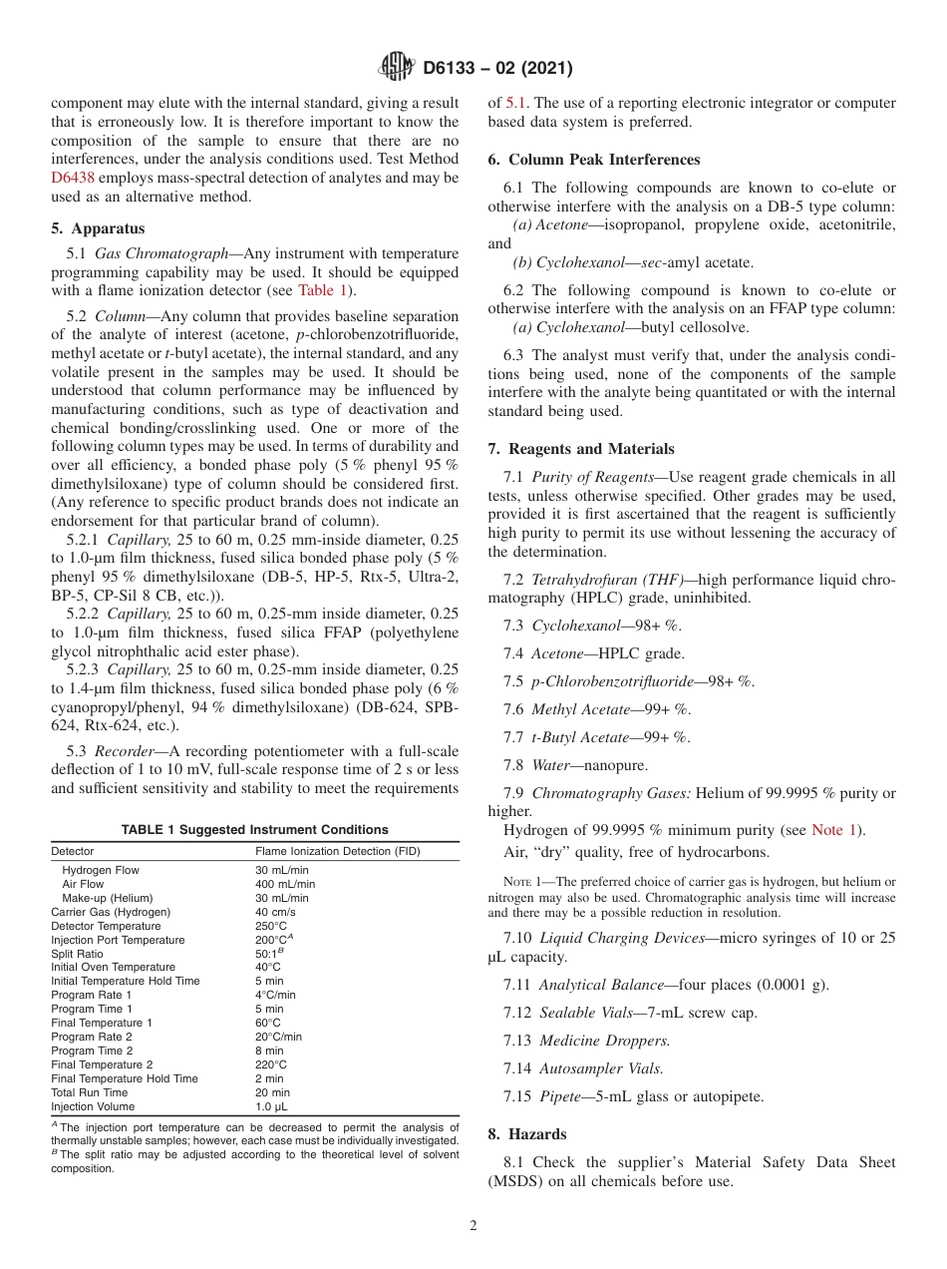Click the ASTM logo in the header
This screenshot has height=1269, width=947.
pyautogui.click(x=398, y=69)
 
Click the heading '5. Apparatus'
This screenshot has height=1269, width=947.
pyautogui.click(x=98, y=228)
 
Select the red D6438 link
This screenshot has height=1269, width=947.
pyautogui.click(x=73, y=178)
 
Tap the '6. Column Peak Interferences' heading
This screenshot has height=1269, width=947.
pyautogui.click(x=594, y=160)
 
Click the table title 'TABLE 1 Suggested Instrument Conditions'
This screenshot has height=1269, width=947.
pyautogui.click(x=255, y=830)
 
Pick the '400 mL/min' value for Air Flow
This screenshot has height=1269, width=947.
pyautogui.click(x=285, y=884)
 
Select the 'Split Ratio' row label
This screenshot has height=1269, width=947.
pyautogui.click(x=77, y=954)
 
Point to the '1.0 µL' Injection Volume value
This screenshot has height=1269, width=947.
pyautogui.click(x=271, y=1106)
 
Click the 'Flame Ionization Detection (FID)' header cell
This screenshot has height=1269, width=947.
pyautogui.click(x=338, y=851)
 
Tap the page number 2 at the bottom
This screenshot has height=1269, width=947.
pyautogui.click(x=473, y=1226)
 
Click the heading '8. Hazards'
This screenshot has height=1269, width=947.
pyautogui.click(x=526, y=1134)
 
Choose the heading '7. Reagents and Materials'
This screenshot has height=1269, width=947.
pyautogui.click(x=580, y=449)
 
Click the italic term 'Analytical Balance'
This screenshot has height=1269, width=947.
pyautogui.click(x=601, y=985)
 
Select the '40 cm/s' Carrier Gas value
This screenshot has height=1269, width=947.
pyautogui.click(x=275, y=912)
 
